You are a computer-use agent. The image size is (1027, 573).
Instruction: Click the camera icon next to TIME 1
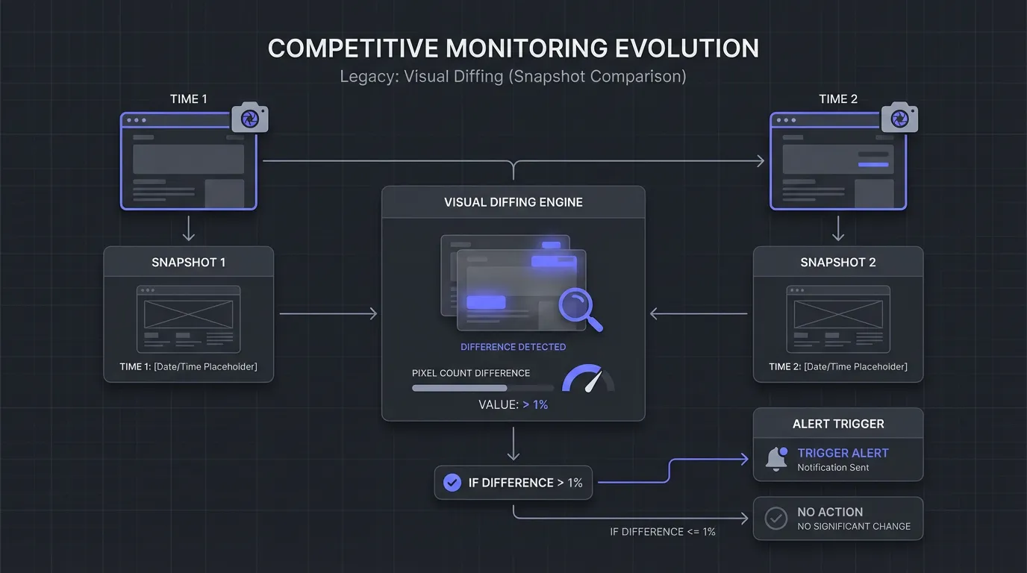(249, 118)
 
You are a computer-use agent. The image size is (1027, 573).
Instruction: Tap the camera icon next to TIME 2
(899, 118)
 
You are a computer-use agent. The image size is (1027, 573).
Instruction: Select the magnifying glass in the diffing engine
(579, 309)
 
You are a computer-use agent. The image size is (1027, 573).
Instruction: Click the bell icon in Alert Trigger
(777, 460)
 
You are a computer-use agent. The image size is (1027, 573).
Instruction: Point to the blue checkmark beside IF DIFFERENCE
(452, 483)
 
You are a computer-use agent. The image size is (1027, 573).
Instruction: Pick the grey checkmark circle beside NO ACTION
(776, 519)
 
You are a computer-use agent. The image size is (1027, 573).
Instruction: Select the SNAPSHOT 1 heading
(188, 263)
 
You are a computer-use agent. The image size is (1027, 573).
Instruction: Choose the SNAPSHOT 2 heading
(838, 263)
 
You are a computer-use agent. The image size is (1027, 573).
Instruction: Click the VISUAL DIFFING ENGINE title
(513, 202)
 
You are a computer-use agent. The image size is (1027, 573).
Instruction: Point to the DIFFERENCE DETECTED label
(513, 347)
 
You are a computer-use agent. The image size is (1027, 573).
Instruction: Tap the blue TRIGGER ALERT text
(843, 453)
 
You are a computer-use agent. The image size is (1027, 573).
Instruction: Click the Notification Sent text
(833, 468)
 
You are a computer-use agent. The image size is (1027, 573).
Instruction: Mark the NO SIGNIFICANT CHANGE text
(854, 526)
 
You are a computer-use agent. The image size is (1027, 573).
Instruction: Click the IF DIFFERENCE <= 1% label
(663, 532)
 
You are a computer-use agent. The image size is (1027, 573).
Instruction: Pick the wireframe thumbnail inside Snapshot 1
(189, 319)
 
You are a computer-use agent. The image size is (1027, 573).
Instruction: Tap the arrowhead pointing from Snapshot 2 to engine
(655, 314)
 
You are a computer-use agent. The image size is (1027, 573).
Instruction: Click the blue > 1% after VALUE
(535, 405)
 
